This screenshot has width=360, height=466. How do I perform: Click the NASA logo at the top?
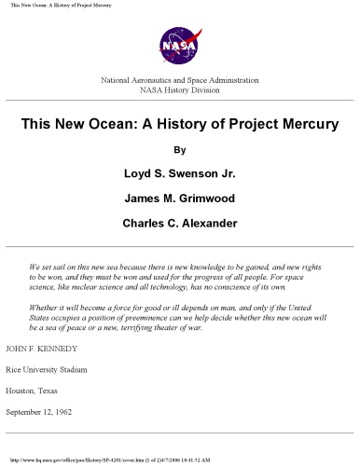[x=179, y=44]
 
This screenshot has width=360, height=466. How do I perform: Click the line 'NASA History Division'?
[x=179, y=90]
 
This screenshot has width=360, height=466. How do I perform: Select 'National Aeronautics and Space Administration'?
[x=179, y=80]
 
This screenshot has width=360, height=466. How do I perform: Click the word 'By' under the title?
[x=180, y=149]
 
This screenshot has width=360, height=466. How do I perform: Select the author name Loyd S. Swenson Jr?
[x=180, y=172]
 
